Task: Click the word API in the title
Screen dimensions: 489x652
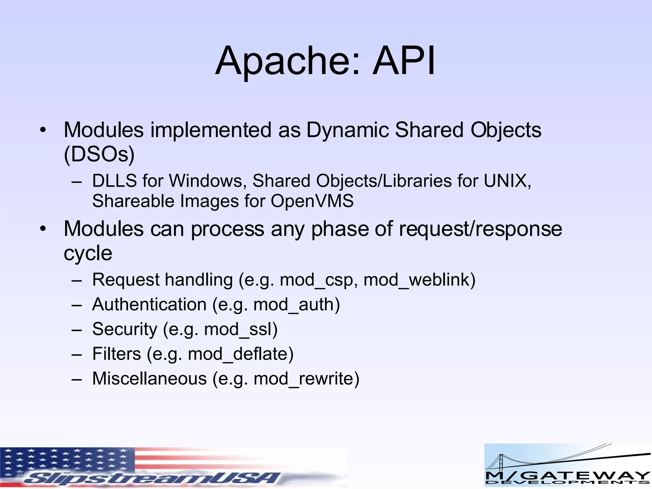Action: (x=404, y=61)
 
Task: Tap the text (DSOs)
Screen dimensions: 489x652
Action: (x=99, y=155)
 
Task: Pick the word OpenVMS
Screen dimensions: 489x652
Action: (x=312, y=201)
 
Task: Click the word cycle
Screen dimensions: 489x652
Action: (x=88, y=253)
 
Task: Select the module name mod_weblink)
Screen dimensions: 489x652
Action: (x=419, y=280)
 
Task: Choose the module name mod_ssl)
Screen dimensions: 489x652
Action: (x=241, y=329)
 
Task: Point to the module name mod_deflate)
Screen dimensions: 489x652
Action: (x=241, y=354)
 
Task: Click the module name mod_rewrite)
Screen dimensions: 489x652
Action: (x=306, y=379)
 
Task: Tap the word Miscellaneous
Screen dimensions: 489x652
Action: (x=149, y=379)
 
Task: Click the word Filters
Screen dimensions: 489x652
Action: (x=117, y=354)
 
